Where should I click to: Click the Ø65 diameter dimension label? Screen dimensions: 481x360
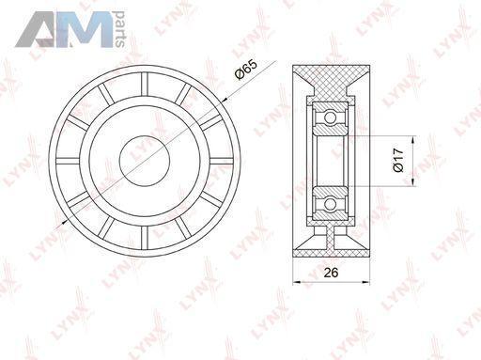pos(246,70)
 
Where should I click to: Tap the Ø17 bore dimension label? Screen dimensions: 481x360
pos(398,160)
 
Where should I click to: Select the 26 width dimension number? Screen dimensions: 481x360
pos(331,273)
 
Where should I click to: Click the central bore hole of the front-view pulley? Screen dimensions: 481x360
pos(145,161)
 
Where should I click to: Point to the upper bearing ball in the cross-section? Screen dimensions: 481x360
pos(330,117)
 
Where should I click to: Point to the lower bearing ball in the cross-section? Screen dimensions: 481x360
pos(330,204)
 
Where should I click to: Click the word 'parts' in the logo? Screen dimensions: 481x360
pos(120,29)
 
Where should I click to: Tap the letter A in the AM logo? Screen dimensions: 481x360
pos(37,30)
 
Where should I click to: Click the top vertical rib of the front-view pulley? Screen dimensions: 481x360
pos(145,84)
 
